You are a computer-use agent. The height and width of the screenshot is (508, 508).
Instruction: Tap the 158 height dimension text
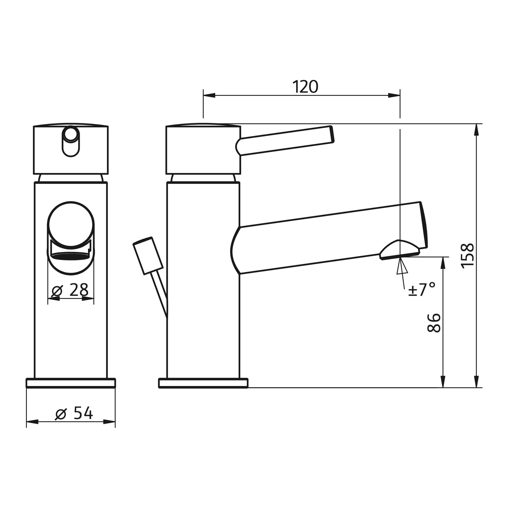pyautogui.click(x=468, y=256)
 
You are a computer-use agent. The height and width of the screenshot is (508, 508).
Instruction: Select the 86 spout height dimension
pyautogui.click(x=434, y=323)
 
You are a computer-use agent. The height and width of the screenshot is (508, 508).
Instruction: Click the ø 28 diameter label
pyautogui.click(x=70, y=291)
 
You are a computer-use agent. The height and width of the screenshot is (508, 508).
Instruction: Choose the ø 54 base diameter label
pyautogui.click(x=74, y=413)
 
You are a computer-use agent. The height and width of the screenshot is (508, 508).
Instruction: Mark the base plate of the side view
pyautogui.click(x=203, y=383)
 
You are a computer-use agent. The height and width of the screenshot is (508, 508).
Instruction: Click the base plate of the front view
pyautogui.click(x=71, y=383)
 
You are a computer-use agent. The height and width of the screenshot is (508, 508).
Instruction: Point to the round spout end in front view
pyautogui.click(x=71, y=225)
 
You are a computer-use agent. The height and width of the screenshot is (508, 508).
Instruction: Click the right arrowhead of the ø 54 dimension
pyautogui.click(x=109, y=422)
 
